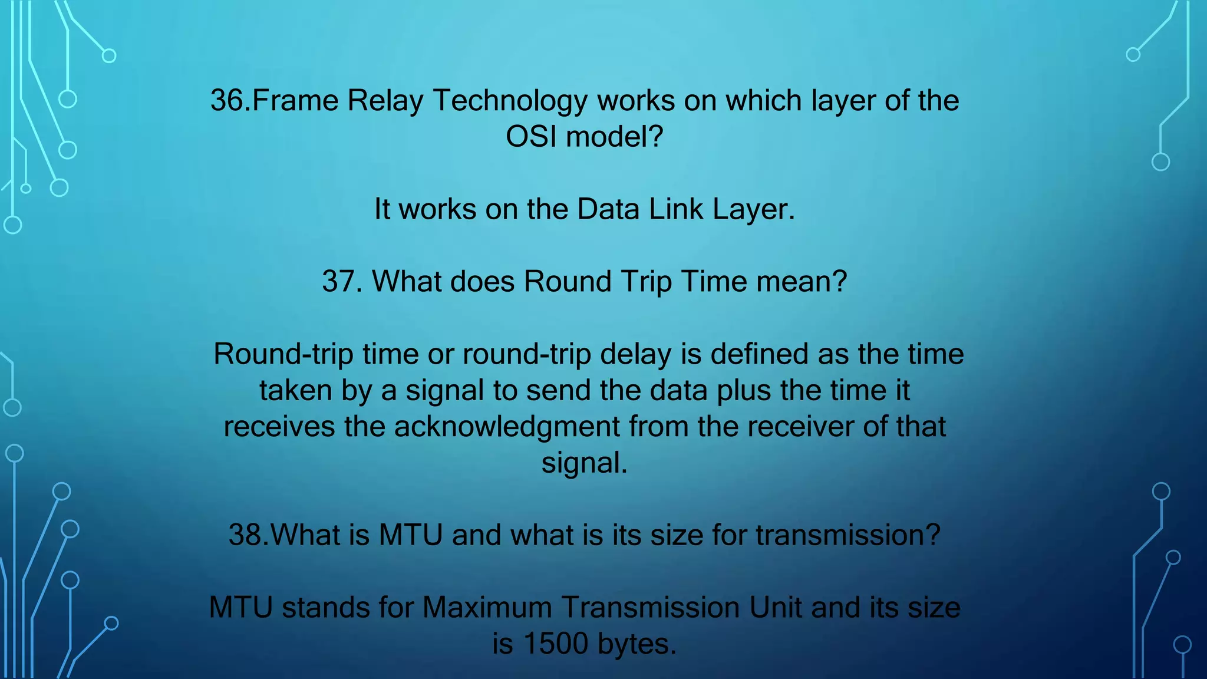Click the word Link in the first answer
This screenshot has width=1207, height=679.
point(677,209)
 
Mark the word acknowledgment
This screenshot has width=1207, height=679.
point(507,427)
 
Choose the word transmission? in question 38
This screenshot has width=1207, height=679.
point(848,535)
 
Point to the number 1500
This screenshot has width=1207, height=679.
point(556,644)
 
